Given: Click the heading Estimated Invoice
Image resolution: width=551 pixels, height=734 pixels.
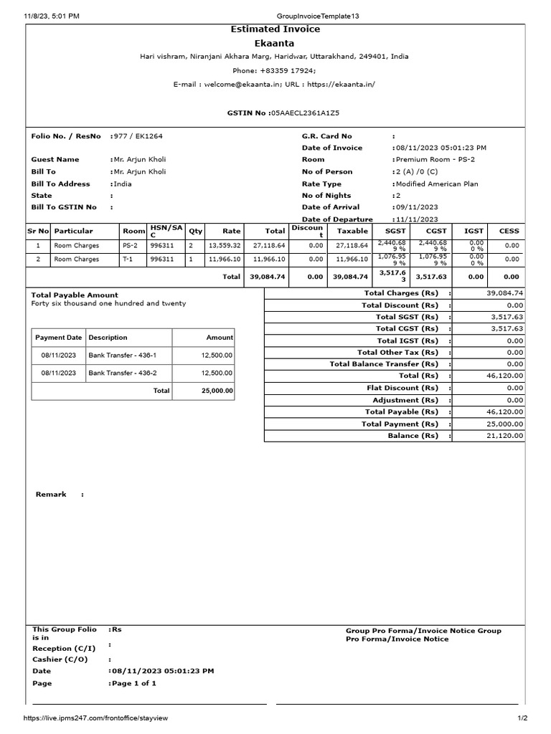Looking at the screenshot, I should [x=275, y=29].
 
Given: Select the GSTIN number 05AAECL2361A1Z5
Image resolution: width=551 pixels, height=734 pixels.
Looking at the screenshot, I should [x=305, y=113].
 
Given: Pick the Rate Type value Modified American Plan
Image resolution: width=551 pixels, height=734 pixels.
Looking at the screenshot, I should [x=438, y=184].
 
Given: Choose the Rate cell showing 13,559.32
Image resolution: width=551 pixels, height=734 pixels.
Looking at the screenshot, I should [x=225, y=245].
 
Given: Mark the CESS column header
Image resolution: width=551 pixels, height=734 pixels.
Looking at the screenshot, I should [x=509, y=232].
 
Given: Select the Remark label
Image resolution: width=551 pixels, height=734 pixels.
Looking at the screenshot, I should [x=51, y=495].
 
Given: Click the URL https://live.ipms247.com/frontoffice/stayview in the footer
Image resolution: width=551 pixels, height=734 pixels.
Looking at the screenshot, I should [x=96, y=718].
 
